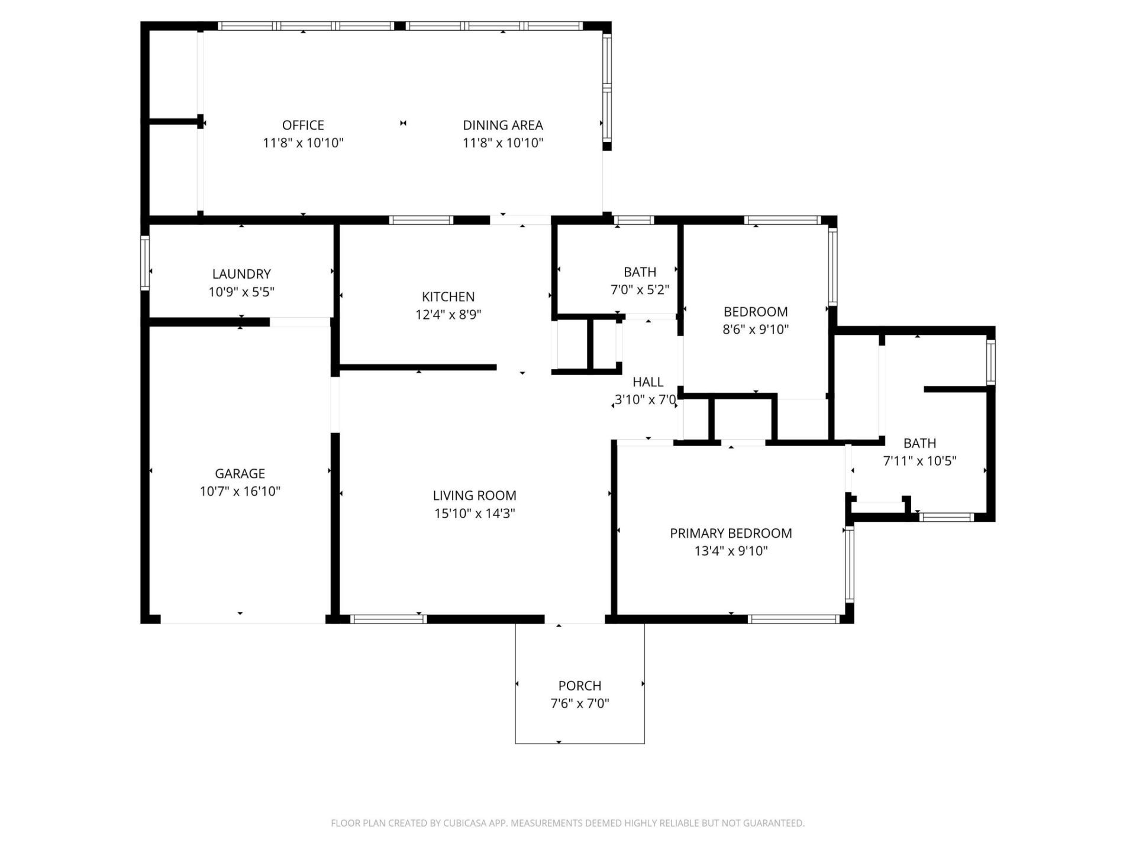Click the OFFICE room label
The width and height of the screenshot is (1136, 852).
pyautogui.click(x=303, y=125)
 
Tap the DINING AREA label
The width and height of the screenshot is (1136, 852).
pyautogui.click(x=502, y=125)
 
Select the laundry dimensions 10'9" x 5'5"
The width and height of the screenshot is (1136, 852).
pyautogui.click(x=241, y=292)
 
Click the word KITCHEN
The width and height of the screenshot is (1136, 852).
pyautogui.click(x=448, y=297)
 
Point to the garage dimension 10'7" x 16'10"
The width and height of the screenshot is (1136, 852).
pyautogui.click(x=240, y=491)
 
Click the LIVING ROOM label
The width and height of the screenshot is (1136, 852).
pyautogui.click(x=474, y=496)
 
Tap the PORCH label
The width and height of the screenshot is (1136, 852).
pyautogui.click(x=579, y=686)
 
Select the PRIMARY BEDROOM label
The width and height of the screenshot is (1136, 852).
pyautogui.click(x=731, y=533)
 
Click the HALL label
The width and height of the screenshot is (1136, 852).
pyautogui.click(x=648, y=382)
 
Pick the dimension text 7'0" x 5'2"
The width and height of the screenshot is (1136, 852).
pyautogui.click(x=640, y=290)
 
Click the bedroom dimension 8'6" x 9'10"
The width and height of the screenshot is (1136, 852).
pyautogui.click(x=756, y=330)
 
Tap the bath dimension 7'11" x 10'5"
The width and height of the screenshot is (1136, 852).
pyautogui.click(x=919, y=461)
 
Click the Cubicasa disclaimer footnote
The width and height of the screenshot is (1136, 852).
pyautogui.click(x=567, y=823)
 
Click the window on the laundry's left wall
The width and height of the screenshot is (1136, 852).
pyautogui.click(x=144, y=263)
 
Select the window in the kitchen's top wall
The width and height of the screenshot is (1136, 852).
pyautogui.click(x=421, y=220)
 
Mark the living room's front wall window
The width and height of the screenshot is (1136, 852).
pyautogui.click(x=388, y=619)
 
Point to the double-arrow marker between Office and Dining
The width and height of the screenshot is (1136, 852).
pyautogui.click(x=403, y=123)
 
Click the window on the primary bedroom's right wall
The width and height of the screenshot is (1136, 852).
pyautogui.click(x=850, y=564)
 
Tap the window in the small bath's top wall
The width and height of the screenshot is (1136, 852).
pyautogui.click(x=633, y=220)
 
